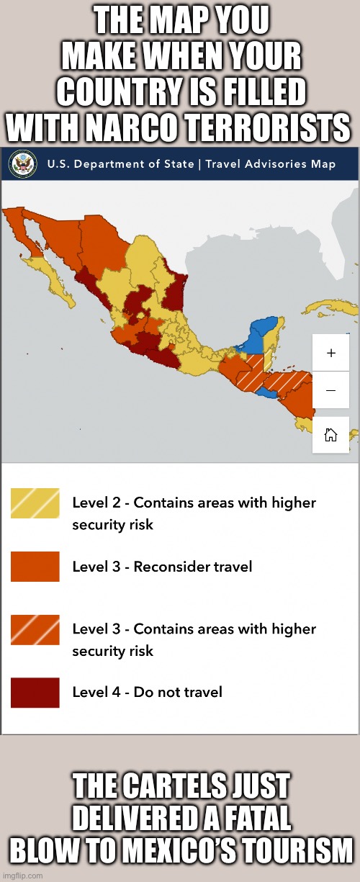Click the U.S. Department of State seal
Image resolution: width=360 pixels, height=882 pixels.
tap(23, 163)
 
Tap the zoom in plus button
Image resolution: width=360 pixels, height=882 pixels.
tap(330, 353)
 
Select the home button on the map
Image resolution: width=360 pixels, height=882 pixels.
tap(330, 434)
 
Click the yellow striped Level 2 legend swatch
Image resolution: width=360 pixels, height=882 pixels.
tap(35, 503)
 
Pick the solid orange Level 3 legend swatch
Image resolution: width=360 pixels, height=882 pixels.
tap(35, 567)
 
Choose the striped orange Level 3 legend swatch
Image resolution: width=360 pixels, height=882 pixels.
tap(35, 629)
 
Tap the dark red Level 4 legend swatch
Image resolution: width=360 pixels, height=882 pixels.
tap(35, 692)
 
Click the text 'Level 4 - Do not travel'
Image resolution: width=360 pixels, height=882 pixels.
tap(148, 692)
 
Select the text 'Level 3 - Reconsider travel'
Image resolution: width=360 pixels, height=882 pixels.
tap(162, 567)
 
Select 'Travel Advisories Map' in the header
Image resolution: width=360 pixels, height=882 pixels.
tap(270, 164)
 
